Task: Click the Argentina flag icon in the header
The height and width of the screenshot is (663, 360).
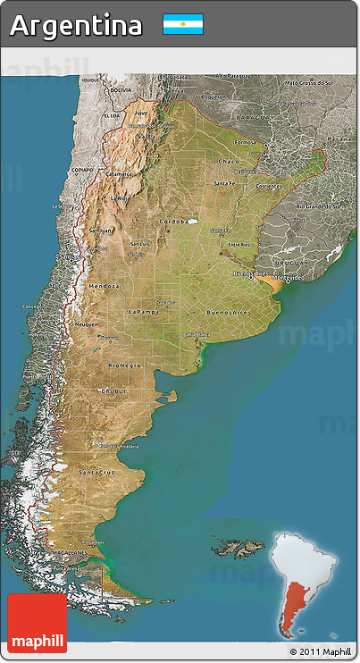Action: click(183, 24)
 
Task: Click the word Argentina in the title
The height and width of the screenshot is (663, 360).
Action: click(76, 25)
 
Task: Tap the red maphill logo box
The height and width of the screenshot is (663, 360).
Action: click(37, 623)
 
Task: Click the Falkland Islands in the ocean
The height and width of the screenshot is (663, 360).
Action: click(239, 544)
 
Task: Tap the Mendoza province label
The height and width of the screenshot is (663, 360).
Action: click(104, 285)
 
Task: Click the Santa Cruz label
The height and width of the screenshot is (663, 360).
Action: click(96, 471)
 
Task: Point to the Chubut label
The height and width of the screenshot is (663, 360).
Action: click(114, 390)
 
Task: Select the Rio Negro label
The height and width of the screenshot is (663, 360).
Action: click(123, 365)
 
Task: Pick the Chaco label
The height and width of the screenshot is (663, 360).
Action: click(228, 162)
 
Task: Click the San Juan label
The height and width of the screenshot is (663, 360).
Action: click(100, 230)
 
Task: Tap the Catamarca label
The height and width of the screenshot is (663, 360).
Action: click(119, 174)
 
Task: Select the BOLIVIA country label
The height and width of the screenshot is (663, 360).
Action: click(120, 90)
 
